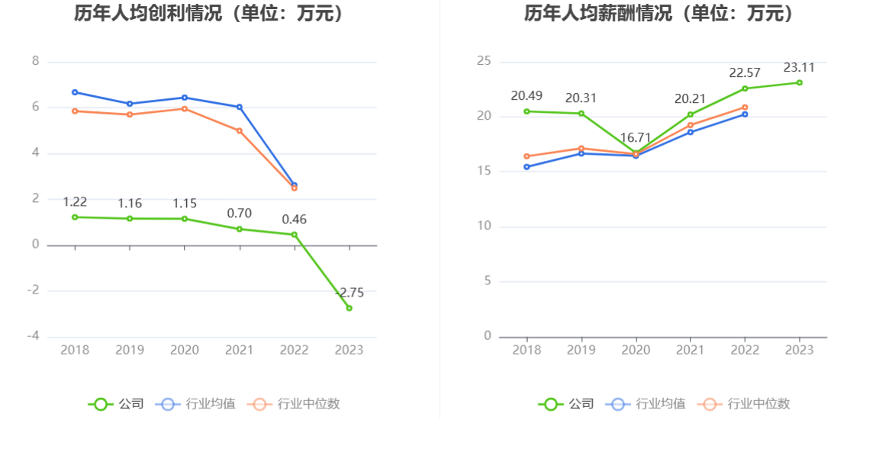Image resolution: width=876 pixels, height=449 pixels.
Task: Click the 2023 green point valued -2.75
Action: (349, 308)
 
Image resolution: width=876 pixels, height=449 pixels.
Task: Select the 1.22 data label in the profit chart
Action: (75, 202)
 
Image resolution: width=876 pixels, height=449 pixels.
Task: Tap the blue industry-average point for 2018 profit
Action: (75, 92)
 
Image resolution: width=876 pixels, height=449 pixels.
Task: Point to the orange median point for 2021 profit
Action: (240, 130)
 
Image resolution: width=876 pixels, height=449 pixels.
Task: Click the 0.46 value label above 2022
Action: (294, 220)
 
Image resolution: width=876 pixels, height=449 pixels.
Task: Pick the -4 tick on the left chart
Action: (33, 337)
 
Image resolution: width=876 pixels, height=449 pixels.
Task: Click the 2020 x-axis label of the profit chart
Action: (185, 350)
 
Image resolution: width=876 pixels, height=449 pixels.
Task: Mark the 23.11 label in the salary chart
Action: (799, 67)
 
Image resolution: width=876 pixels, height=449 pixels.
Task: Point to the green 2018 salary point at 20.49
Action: (527, 111)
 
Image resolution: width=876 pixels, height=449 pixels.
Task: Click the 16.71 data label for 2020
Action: (636, 138)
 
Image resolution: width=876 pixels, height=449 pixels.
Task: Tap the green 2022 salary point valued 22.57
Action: (745, 88)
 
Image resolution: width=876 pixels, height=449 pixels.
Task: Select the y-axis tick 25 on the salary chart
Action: (484, 62)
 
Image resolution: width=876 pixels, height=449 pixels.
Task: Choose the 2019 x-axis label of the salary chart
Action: (581, 350)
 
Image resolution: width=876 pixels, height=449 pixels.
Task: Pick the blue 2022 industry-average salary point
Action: (745, 114)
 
